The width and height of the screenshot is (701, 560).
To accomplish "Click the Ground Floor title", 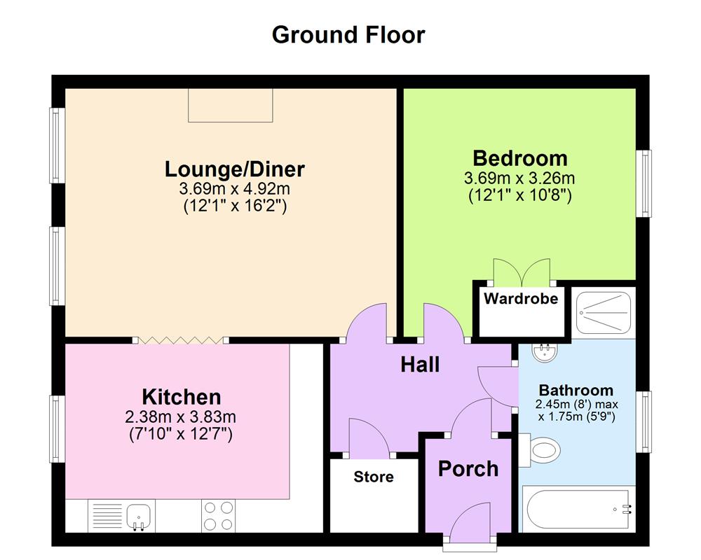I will (x=348, y=34).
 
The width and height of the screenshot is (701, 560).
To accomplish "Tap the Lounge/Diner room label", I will (x=234, y=169).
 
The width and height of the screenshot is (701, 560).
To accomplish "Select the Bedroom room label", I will (x=519, y=157).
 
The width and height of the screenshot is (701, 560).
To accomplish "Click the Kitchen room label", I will (x=182, y=397).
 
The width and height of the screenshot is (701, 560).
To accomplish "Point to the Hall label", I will (x=420, y=364).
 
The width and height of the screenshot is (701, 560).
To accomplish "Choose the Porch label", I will (x=468, y=468).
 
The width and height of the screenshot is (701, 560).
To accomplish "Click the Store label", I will (x=373, y=477).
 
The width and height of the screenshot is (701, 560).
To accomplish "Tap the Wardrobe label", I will (x=521, y=299).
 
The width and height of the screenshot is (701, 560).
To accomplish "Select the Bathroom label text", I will (x=576, y=390).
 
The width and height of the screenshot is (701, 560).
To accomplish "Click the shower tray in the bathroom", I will (x=604, y=311).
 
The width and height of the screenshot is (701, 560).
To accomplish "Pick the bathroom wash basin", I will (x=544, y=352).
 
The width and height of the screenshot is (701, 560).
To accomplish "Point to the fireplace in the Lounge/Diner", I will (x=230, y=106).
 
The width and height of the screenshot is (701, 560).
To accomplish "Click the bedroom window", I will (x=644, y=183).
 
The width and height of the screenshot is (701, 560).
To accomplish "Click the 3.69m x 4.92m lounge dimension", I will (x=234, y=189).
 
